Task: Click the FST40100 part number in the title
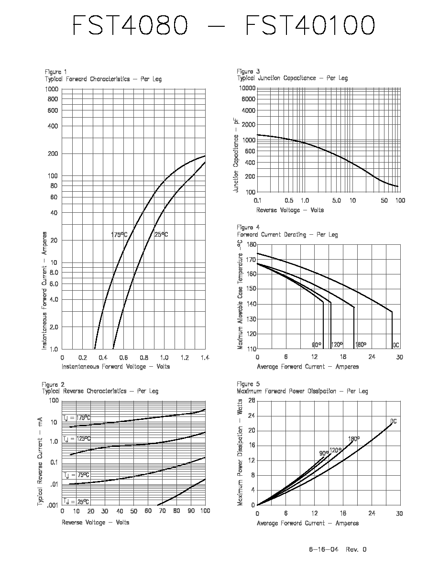point(310,25)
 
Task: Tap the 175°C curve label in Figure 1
point(119,235)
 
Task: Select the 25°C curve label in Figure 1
point(161,234)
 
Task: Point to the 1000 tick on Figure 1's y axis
point(52,89)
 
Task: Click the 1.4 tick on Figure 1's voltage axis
point(205,358)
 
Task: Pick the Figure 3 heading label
point(248,71)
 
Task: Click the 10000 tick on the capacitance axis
point(247,88)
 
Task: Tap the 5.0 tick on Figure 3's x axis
point(337,200)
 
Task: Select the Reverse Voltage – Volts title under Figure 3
point(290,210)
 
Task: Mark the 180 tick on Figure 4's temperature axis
point(251,244)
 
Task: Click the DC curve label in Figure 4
point(396,345)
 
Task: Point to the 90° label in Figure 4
point(317,345)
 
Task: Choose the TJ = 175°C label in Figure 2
point(77,418)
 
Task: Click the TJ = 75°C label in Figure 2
point(77,475)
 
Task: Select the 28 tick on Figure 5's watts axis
point(252,401)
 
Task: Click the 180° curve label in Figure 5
point(354,439)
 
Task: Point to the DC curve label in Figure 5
point(394,421)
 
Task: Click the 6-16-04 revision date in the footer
point(323,549)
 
